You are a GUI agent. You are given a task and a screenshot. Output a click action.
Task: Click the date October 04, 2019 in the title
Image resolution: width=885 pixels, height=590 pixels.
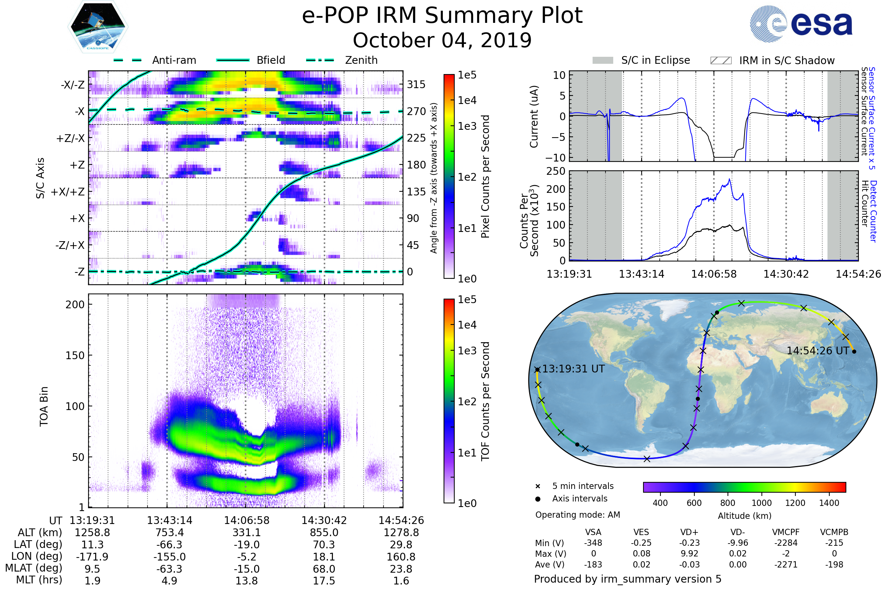click(442, 40)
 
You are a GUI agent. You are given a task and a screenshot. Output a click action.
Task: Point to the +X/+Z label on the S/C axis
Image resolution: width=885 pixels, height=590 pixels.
click(68, 192)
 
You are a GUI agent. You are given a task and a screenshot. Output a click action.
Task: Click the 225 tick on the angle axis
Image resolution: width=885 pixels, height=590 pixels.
click(416, 138)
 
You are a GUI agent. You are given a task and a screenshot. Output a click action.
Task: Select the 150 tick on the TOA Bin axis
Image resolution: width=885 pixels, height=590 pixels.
click(75, 355)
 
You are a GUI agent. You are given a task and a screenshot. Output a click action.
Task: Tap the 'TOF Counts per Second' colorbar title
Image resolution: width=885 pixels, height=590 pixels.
click(485, 401)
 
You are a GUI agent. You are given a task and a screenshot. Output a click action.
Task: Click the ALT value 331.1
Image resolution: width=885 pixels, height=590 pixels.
click(246, 532)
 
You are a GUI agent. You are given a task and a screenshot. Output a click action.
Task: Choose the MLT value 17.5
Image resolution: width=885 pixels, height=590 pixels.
click(324, 580)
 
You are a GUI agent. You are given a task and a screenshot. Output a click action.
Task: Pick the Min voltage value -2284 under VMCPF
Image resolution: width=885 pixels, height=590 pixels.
click(786, 543)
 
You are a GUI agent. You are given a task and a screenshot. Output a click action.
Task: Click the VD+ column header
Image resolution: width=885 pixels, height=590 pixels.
click(689, 532)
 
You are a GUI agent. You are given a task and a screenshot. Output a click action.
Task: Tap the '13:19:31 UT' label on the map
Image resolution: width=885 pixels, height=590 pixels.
click(573, 369)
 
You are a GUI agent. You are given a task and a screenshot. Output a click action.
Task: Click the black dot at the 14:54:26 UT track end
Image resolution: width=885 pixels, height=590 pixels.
click(854, 351)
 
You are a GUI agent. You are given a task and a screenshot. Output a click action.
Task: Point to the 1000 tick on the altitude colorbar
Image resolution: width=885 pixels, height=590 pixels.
click(761, 503)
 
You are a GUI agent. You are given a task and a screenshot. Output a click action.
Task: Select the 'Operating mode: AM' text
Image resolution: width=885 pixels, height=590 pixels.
click(577, 515)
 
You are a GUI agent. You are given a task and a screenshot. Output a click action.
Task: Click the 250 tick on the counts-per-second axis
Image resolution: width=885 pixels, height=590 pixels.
click(556, 171)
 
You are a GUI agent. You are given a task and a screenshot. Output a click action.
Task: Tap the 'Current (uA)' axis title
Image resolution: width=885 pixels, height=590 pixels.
click(534, 117)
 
